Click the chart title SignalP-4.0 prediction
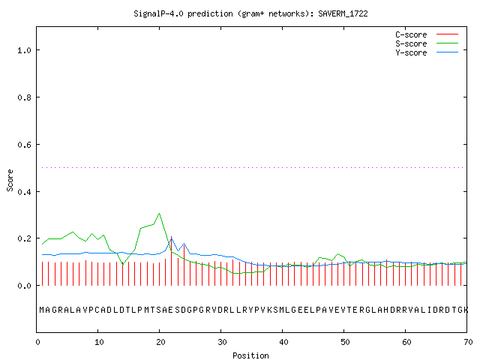click(x=183, y=13)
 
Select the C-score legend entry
click(x=427, y=34)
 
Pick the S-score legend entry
click(x=427, y=43)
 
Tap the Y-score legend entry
click(x=427, y=52)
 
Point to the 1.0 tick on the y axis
click(x=24, y=50)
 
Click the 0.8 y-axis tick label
click(x=24, y=97)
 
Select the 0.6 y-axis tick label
click(x=24, y=145)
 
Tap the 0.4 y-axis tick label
click(x=24, y=192)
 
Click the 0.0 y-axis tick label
click(x=24, y=286)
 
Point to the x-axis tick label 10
click(x=99, y=342)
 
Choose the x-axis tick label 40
click(x=283, y=342)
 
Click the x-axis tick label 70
click(x=468, y=342)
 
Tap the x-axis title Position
click(x=250, y=355)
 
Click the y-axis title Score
click(x=10, y=180)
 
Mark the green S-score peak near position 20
click(x=159, y=213)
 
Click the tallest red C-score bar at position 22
click(x=172, y=261)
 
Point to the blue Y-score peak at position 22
click(x=172, y=238)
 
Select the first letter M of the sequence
click(x=42, y=310)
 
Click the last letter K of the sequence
click(x=466, y=310)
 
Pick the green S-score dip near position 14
click(x=123, y=264)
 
